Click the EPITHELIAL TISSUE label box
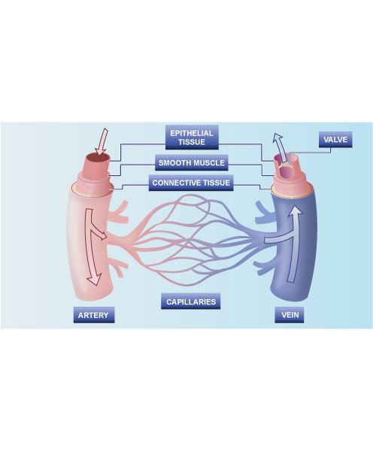click(192, 138)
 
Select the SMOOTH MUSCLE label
click(192, 163)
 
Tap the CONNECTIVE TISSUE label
click(191, 183)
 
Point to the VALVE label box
click(335, 140)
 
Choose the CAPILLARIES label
click(191, 301)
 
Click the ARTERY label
click(94, 315)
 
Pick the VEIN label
click(289, 315)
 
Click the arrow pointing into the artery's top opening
click(102, 141)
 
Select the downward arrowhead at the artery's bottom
click(94, 279)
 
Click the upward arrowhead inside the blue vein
click(295, 210)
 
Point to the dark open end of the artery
click(99, 158)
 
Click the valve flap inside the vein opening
click(285, 165)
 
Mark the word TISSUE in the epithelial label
click(192, 142)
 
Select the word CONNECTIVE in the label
click(175, 183)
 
